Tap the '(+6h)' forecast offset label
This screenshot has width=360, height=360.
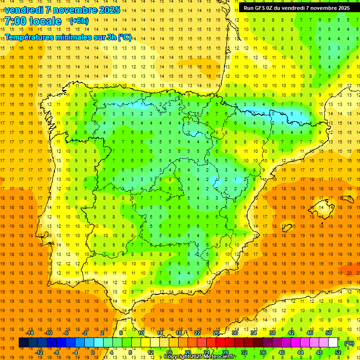[78, 21]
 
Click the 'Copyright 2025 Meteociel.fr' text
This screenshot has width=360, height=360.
[200, 357]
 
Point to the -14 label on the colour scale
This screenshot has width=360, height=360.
[30, 333]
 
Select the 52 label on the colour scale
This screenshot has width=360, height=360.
[338, 352]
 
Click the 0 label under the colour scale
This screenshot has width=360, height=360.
[92, 352]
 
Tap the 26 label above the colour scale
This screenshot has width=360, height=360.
[216, 333]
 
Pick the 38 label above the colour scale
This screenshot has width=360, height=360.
[272, 333]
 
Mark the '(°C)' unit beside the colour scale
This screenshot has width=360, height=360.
[350, 343]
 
